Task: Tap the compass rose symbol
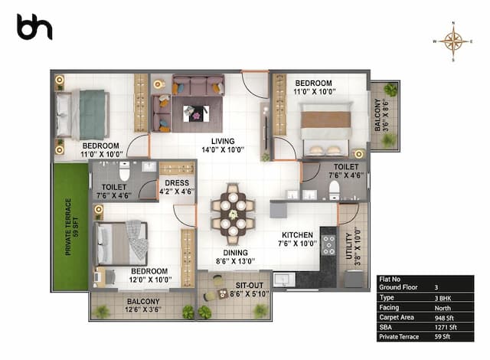[453, 42]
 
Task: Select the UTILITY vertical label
[348, 247]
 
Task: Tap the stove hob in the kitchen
[329, 244]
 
